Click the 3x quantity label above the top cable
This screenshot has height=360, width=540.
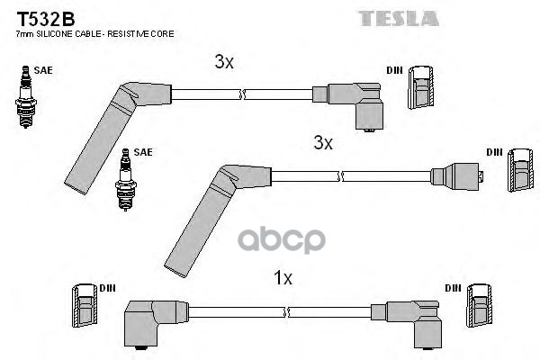(224, 63)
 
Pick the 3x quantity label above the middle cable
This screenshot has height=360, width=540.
(323, 143)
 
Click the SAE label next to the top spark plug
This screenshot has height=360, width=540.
(42, 67)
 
